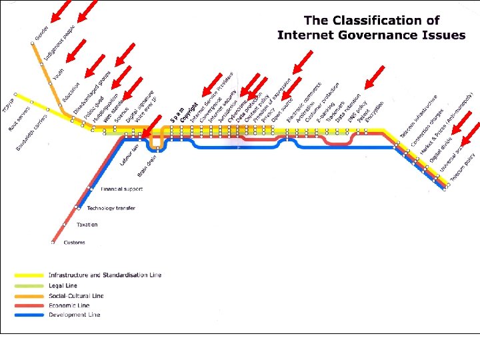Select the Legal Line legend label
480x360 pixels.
pyautogui.click(x=63, y=285)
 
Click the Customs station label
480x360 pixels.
pyautogui.click(x=74, y=243)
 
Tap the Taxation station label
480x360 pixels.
pyautogui.click(x=87, y=225)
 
